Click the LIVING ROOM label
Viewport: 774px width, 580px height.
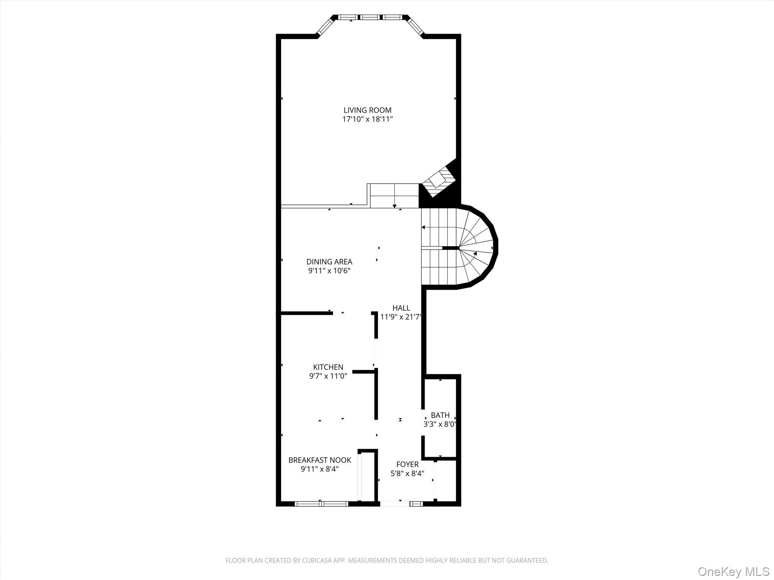[367, 110]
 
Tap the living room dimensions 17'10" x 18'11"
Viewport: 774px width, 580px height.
[367, 119]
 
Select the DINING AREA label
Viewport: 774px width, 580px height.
[329, 262]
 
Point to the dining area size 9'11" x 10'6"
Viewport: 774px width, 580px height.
[329, 271]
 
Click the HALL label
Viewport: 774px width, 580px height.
[401, 308]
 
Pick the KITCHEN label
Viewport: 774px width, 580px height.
[328, 367]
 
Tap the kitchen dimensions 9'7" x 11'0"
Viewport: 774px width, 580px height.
[328, 376]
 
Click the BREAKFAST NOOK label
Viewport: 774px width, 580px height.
[320, 460]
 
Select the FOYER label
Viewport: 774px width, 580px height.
[407, 464]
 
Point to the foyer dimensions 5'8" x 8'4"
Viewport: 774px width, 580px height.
[407, 474]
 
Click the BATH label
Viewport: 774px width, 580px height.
[440, 415]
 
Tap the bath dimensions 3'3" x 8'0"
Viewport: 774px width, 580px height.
[440, 424]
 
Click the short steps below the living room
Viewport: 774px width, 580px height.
[394, 195]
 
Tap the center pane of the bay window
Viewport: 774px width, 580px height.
[370, 17]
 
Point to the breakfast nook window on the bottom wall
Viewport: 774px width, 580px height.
[321, 503]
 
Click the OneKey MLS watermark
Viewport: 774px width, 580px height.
[733, 571]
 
